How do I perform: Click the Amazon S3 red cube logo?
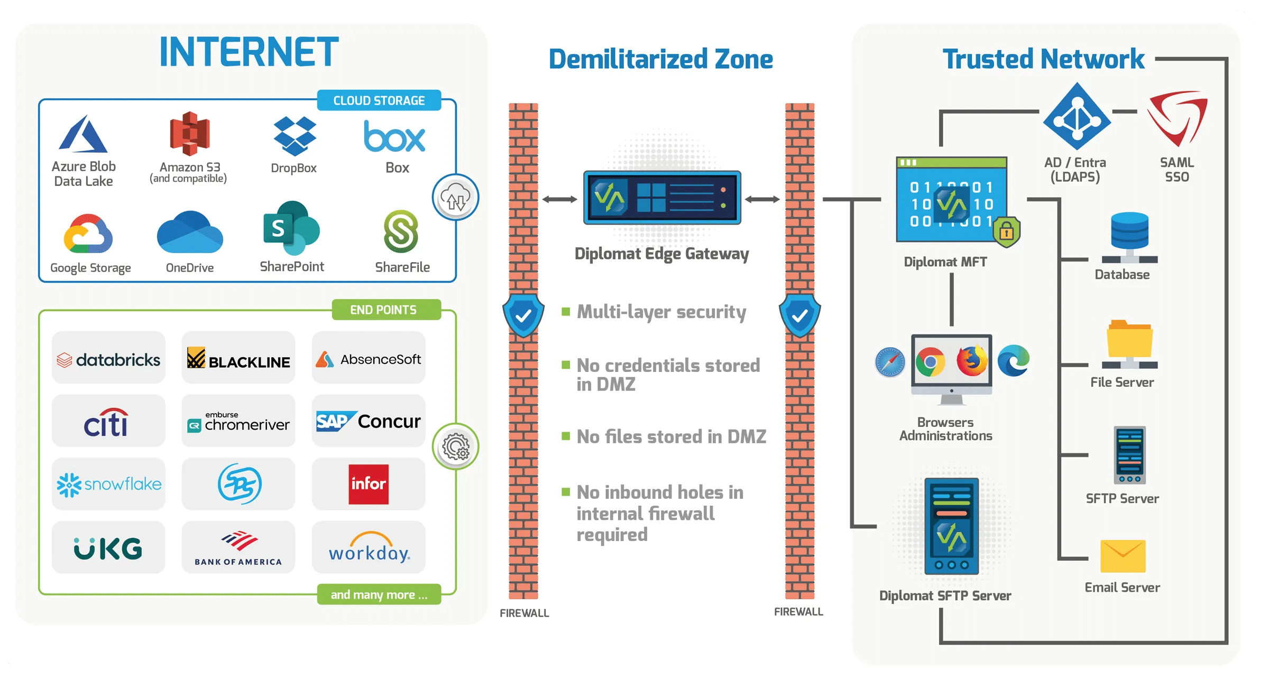pyautogui.click(x=189, y=133)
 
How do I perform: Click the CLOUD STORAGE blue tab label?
pyautogui.click(x=379, y=100)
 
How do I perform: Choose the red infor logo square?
pyautogui.click(x=369, y=484)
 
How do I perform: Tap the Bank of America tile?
pyautogui.click(x=238, y=548)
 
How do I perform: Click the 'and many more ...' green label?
pyautogui.click(x=379, y=595)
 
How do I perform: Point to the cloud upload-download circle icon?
pyautogui.click(x=455, y=198)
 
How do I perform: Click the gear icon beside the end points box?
pyautogui.click(x=455, y=447)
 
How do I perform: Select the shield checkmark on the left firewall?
pyautogui.click(x=523, y=316)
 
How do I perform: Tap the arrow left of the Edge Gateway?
pyautogui.click(x=559, y=199)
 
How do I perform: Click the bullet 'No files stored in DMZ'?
pyautogui.click(x=670, y=437)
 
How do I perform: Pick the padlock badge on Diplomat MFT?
pyautogui.click(x=1006, y=231)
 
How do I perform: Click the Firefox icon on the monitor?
pyautogui.click(x=971, y=361)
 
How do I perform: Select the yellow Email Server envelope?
pyautogui.click(x=1123, y=556)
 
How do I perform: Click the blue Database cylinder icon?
pyautogui.click(x=1129, y=231)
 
